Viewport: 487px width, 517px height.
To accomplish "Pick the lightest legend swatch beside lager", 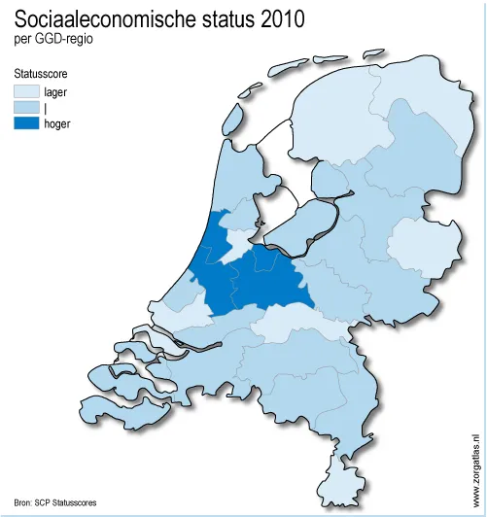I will (x=26, y=91).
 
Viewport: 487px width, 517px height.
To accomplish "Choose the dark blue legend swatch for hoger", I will (x=26, y=123).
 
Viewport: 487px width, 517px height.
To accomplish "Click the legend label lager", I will (x=55, y=91).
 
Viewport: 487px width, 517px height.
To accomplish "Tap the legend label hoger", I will (x=57, y=123).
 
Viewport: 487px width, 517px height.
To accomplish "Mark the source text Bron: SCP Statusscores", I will (x=55, y=502).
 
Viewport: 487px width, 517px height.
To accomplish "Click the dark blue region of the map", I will (x=253, y=282).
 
